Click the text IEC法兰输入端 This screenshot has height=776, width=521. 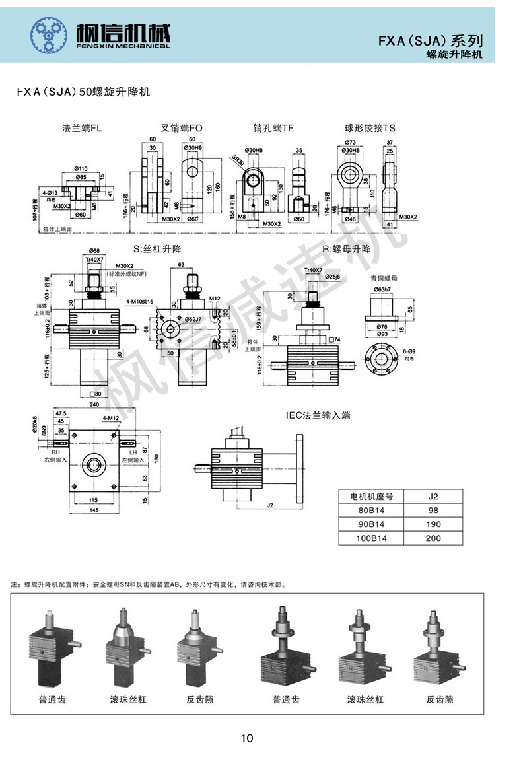click(x=318, y=415)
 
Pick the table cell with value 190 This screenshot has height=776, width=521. click(x=433, y=524)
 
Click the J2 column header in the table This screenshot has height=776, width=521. click(x=433, y=497)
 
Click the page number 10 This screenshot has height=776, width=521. click(x=247, y=738)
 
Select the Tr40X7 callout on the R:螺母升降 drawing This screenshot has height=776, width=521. click(x=314, y=271)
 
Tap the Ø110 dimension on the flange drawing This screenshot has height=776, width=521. click(x=82, y=168)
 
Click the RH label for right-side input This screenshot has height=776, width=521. click(x=48, y=453)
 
